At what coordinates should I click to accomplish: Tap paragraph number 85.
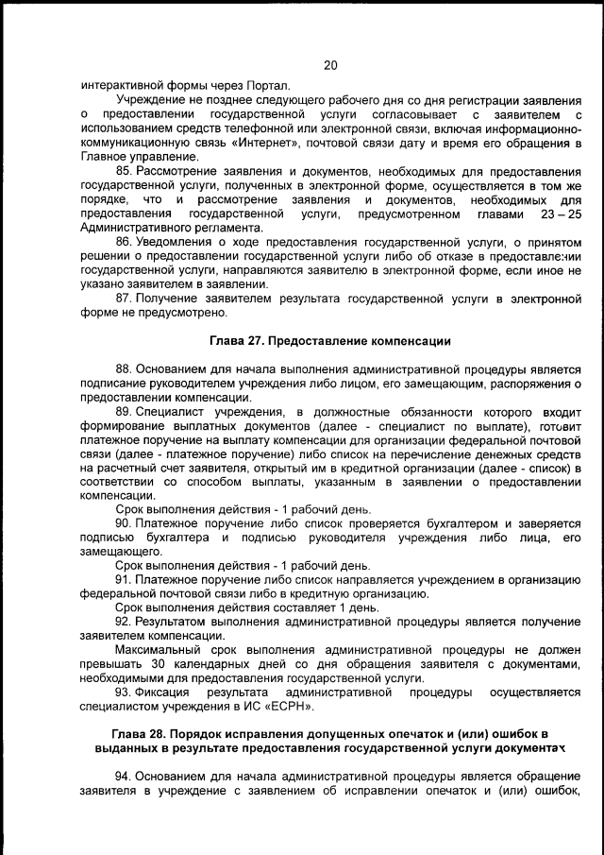(x=124, y=171)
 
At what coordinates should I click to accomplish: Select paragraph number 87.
(x=124, y=299)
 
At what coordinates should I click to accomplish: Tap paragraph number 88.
(x=124, y=369)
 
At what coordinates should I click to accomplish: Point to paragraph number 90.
(x=124, y=523)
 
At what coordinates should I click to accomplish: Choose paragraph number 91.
(x=124, y=579)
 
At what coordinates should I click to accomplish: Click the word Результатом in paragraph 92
(x=176, y=623)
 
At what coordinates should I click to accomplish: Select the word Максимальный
(x=165, y=651)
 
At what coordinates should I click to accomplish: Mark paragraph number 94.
(x=124, y=777)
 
